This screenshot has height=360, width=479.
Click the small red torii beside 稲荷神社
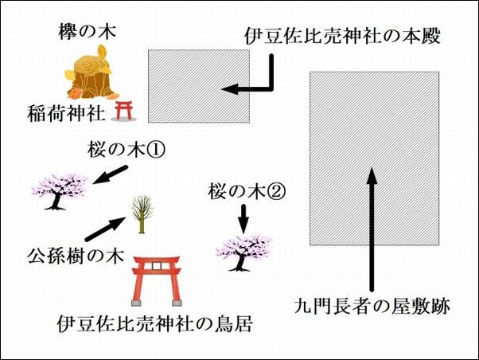click(x=124, y=110)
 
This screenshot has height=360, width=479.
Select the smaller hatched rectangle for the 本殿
click(x=200, y=84)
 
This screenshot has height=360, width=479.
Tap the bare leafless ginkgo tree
click(x=141, y=213)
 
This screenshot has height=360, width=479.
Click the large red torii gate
click(x=154, y=281)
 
